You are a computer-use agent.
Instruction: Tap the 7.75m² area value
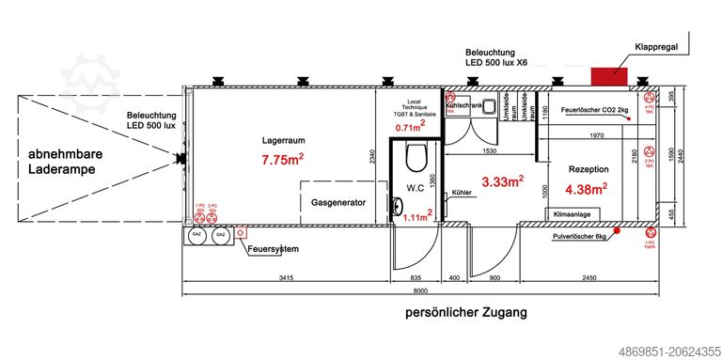click(282, 160)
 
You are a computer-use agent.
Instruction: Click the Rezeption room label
click(589, 169)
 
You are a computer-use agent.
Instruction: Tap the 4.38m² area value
click(588, 189)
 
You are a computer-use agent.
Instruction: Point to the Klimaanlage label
click(572, 215)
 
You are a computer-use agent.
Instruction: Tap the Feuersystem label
click(273, 249)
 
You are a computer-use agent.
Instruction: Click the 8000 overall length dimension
click(429, 292)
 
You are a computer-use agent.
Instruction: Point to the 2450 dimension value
click(589, 279)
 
